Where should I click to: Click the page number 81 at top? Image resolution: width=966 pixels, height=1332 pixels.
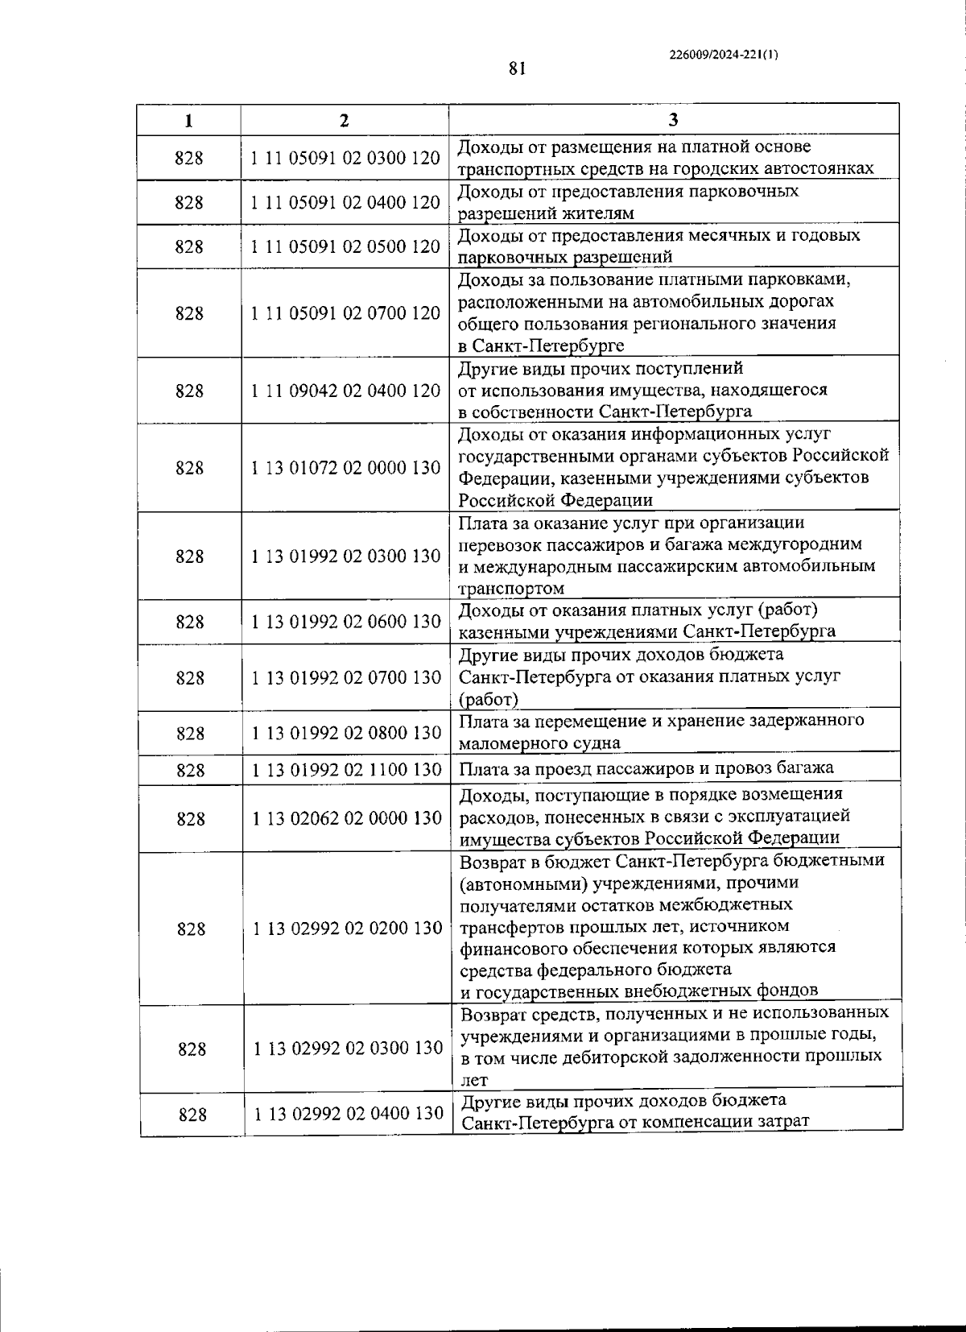[x=517, y=68]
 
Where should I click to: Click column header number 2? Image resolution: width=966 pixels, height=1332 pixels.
[x=344, y=121]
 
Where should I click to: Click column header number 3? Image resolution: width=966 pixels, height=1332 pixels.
[x=673, y=121]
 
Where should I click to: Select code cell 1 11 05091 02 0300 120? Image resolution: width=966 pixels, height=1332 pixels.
[x=345, y=158]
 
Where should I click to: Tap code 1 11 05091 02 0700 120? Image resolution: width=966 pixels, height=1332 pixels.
[x=345, y=313]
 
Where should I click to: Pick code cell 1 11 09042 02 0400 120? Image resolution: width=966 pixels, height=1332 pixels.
[x=345, y=391]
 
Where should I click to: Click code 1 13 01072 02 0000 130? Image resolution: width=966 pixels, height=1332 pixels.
[x=345, y=468]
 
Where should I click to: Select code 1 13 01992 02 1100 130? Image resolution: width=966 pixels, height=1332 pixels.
[x=346, y=770]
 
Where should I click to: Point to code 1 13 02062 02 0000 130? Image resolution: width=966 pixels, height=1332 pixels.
[x=346, y=818]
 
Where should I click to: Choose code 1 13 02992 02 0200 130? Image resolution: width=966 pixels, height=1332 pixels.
[x=347, y=929]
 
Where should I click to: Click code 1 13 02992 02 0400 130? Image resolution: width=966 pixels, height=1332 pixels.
[x=348, y=1114]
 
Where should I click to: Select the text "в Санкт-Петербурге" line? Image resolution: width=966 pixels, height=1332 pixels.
[x=541, y=346]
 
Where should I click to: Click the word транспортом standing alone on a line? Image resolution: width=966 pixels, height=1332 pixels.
[x=510, y=589]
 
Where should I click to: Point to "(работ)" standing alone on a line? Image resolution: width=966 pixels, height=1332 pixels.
[x=488, y=699]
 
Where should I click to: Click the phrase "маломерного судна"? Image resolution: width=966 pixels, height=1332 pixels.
[x=539, y=743]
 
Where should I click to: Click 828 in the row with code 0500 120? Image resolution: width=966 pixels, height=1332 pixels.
[x=189, y=246]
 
